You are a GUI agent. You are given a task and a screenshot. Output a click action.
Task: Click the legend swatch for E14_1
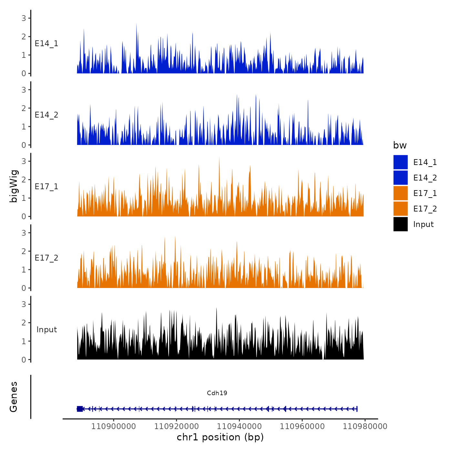click(400, 162)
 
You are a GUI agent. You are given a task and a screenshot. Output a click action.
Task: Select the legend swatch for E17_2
click(400, 209)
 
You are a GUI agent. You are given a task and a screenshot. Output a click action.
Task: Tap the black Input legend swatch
click(400, 224)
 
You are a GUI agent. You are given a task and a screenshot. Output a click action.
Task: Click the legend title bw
click(400, 145)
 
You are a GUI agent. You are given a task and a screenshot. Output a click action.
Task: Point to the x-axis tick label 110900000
click(114, 426)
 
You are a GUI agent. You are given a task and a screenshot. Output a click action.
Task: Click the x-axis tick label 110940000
click(239, 426)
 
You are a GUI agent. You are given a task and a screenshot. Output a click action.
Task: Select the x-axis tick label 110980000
click(365, 426)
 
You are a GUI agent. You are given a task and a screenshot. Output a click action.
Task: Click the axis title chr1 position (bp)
click(220, 437)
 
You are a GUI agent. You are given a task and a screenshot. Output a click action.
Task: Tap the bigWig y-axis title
click(14, 186)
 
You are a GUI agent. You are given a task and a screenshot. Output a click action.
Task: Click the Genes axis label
click(14, 397)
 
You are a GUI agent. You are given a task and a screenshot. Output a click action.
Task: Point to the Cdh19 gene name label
click(217, 393)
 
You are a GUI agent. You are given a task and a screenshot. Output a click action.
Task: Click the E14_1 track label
click(46, 44)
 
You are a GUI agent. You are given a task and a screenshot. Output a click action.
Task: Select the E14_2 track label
click(46, 115)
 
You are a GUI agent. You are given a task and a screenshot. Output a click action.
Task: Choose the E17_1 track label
click(46, 187)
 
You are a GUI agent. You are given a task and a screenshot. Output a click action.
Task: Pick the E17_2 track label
click(46, 258)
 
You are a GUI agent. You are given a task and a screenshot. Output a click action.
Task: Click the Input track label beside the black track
click(46, 330)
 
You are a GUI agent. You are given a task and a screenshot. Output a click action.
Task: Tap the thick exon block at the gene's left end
click(80, 409)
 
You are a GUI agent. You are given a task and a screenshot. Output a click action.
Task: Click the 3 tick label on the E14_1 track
click(24, 18)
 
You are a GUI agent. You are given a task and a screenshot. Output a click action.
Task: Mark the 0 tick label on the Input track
click(24, 360)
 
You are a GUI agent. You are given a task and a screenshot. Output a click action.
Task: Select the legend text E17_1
click(425, 193)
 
